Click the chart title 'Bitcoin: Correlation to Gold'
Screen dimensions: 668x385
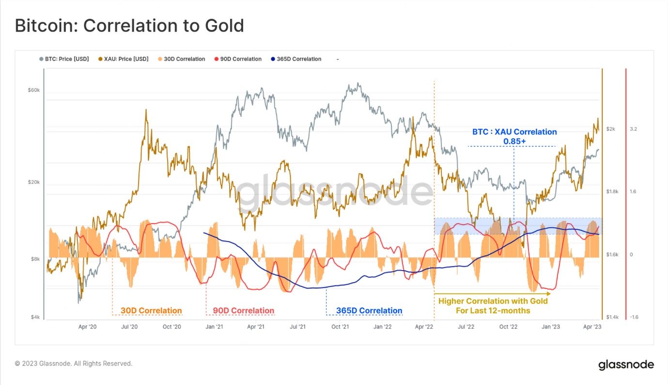click(129, 26)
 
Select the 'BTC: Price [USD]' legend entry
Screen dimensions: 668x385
click(64, 59)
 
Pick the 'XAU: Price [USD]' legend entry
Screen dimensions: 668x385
click(124, 59)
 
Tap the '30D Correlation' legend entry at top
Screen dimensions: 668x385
click(182, 59)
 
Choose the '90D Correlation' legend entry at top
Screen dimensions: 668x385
click(238, 59)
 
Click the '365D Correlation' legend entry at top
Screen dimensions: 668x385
click(296, 59)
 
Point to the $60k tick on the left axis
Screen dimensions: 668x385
click(34, 90)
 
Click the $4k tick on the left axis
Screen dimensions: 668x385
click(35, 317)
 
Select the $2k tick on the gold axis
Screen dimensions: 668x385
click(610, 129)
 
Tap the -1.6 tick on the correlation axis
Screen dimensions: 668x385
click(634, 317)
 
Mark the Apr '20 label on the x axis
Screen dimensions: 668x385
click(87, 327)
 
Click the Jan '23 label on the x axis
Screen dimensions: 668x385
click(550, 327)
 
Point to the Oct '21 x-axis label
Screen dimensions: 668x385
click(340, 327)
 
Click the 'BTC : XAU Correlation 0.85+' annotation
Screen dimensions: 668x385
click(514, 136)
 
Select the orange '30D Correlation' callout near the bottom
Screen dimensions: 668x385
click(151, 311)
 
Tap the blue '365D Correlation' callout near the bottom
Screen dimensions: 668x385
click(369, 311)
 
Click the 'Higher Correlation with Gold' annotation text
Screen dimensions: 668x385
click(493, 301)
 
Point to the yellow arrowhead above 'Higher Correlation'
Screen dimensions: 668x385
click(549, 294)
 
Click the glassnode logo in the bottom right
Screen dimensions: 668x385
click(626, 365)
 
